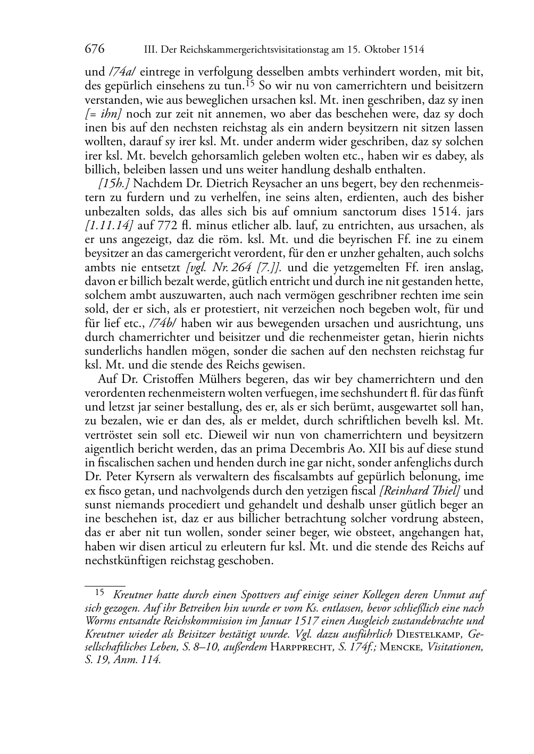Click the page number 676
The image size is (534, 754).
[94, 49]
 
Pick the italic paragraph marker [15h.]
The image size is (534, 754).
[111, 183]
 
